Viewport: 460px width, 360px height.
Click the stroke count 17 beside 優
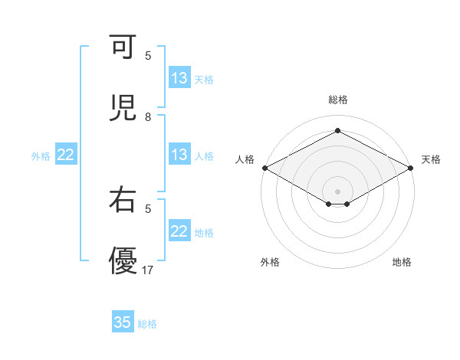point(149,270)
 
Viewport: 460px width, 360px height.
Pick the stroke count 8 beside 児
point(148,117)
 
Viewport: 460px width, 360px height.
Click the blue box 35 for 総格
point(123,322)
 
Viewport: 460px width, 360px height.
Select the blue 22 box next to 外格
point(66,155)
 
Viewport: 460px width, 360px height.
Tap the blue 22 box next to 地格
point(179,232)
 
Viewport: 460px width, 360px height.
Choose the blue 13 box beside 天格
point(179,78)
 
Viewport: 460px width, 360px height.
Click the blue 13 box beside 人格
point(179,155)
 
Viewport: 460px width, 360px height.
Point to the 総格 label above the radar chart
point(338,100)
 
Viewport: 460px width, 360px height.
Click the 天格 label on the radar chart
point(431,159)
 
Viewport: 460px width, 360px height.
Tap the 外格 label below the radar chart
point(270,262)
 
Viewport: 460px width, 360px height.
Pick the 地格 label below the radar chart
point(402,262)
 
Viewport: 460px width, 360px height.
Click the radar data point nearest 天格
point(412,168)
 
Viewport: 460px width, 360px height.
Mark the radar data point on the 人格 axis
point(264,168)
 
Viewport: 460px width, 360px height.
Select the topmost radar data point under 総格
point(338,131)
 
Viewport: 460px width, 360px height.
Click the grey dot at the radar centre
point(338,191)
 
